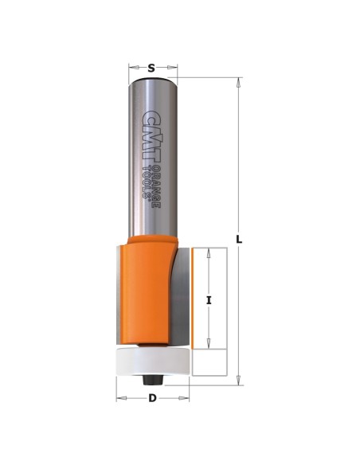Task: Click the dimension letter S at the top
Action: [151, 68]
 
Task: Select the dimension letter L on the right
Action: [239, 239]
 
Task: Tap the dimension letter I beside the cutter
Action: [209, 300]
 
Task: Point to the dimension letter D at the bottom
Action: [152, 398]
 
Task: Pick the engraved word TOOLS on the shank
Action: [147, 182]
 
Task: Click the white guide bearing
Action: [153, 361]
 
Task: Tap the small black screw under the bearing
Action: [152, 380]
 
